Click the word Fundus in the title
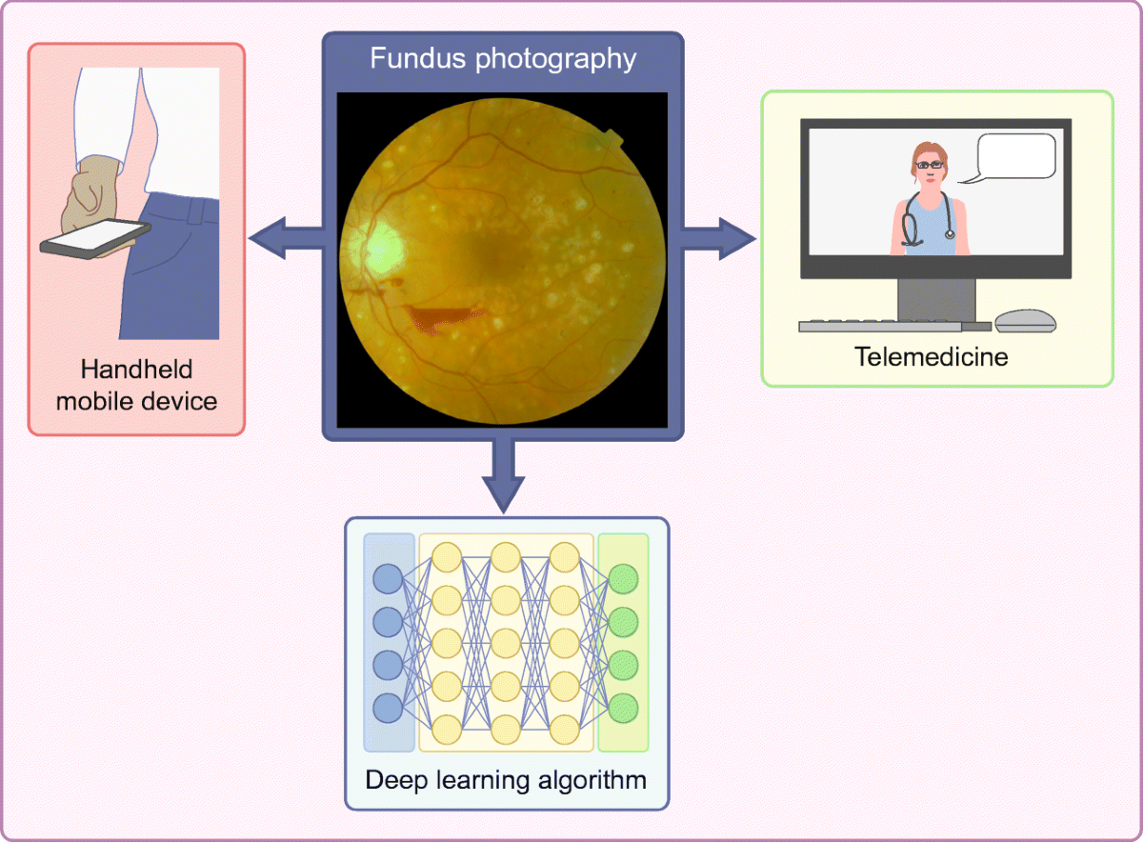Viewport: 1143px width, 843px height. tap(418, 58)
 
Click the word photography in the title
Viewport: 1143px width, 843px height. tap(555, 60)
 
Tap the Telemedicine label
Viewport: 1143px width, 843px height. tap(932, 356)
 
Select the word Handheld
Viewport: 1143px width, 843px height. tap(136, 369)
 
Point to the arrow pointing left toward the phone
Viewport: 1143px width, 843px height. tap(287, 238)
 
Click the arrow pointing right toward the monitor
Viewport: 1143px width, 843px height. tap(718, 238)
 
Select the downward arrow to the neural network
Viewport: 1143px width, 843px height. tap(503, 475)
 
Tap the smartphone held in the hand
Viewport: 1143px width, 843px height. tap(95, 238)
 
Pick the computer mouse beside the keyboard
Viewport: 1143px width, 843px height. tap(1025, 321)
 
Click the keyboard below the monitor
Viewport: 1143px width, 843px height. tap(880, 326)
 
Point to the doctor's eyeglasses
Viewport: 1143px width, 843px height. tap(930, 165)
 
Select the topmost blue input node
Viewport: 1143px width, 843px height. tap(388, 579)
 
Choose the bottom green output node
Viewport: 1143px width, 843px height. tap(623, 709)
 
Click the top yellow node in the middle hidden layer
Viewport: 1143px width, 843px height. tap(505, 557)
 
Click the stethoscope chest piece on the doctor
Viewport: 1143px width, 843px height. tap(949, 233)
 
